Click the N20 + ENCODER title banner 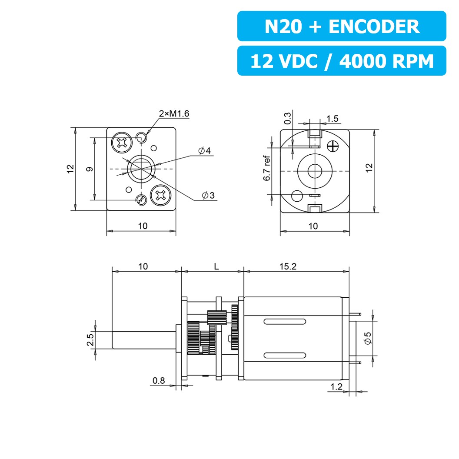(342, 27)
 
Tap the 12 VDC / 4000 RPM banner (342, 61)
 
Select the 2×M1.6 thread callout (174, 114)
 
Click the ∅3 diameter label (208, 196)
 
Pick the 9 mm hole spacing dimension (89, 169)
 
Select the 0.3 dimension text (287, 119)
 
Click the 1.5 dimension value (333, 119)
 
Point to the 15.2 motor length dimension (288, 266)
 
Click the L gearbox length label (216, 266)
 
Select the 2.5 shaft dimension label (90, 340)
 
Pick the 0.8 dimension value (159, 381)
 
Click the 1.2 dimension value (337, 386)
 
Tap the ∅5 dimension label (368, 338)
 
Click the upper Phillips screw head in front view (121, 142)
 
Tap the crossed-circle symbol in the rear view (334, 146)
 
